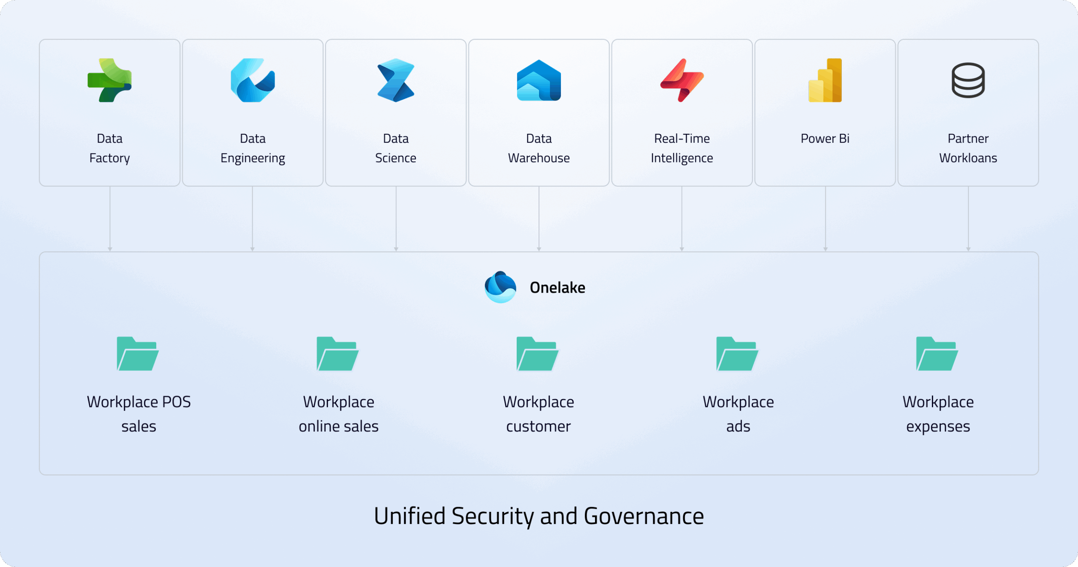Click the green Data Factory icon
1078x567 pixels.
point(109,80)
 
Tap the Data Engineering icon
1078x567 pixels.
point(253,80)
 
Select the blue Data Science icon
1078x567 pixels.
point(396,80)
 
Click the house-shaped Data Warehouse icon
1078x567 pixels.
point(539,80)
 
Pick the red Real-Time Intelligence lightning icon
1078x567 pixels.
point(682,80)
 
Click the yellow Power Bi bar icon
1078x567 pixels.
point(825,80)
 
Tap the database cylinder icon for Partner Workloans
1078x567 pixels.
point(968,80)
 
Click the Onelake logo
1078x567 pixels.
point(500,287)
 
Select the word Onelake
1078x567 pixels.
point(558,287)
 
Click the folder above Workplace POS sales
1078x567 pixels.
point(138,354)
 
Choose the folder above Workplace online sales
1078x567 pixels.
point(338,354)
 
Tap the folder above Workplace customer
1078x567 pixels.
point(538,354)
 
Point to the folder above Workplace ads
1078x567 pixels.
point(737,354)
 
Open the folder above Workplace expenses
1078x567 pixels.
point(937,354)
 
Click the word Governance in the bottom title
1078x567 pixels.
point(644,516)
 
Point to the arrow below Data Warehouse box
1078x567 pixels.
point(539,219)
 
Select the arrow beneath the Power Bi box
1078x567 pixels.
point(825,219)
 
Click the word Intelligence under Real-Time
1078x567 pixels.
point(682,158)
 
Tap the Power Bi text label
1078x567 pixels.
point(825,138)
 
